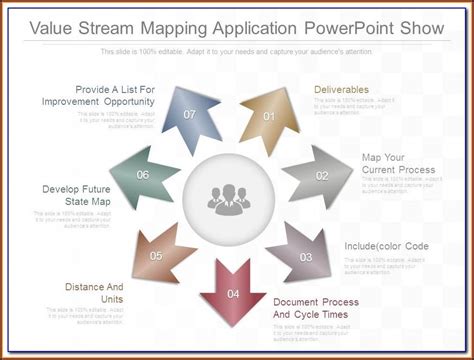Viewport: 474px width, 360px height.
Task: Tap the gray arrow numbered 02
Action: (x=319, y=175)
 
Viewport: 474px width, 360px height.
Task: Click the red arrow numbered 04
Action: (x=233, y=291)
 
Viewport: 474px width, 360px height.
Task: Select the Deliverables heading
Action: (x=342, y=90)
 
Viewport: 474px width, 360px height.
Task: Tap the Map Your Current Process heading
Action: (x=399, y=163)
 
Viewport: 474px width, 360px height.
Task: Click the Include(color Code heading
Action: (x=386, y=246)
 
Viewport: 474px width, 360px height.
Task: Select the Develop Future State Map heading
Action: (x=76, y=195)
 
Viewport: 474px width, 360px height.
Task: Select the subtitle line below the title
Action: (x=237, y=50)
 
